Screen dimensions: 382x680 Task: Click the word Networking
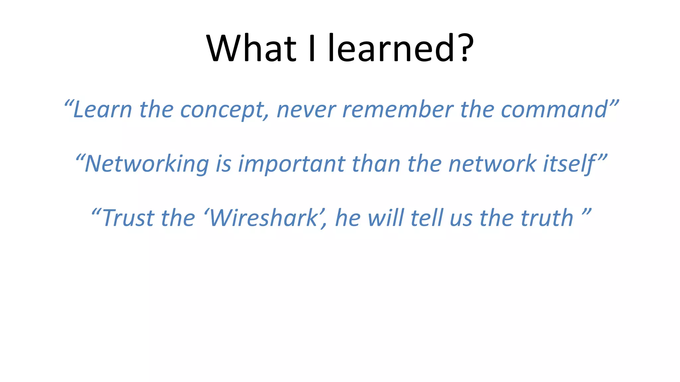[x=146, y=164]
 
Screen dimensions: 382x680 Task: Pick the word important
[x=292, y=164]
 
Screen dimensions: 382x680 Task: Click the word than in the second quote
[x=376, y=164]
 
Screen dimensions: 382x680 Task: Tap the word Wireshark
[x=264, y=218]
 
